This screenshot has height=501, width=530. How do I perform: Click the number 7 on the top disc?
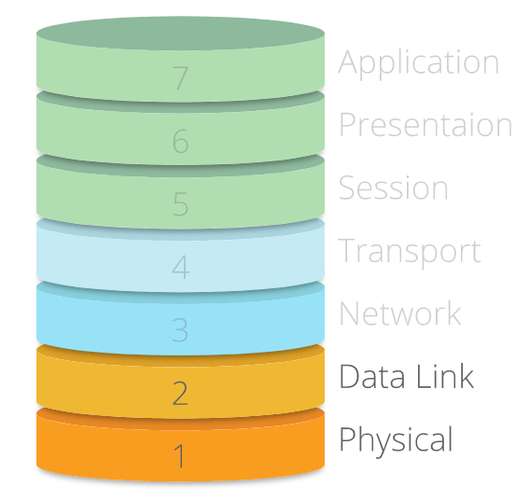180,78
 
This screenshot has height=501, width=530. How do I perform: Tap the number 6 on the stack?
180,141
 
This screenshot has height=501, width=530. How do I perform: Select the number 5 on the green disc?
180,203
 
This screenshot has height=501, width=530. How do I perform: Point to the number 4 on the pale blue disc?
180,267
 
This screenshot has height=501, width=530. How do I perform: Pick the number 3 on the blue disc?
180,329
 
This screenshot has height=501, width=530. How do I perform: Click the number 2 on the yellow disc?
180,393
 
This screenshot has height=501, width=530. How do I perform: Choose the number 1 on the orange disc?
179,455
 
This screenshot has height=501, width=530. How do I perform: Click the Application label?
418,63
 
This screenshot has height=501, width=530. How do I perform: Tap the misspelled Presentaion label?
425,124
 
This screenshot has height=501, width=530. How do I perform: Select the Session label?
394,187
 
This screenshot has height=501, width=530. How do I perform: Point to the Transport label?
410,252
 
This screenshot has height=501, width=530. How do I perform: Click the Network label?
400,313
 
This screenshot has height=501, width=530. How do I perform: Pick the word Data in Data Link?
371,376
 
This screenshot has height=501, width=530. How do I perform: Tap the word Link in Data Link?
445,376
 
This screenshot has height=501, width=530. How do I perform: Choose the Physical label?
396,441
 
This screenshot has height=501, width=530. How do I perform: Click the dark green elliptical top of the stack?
180,34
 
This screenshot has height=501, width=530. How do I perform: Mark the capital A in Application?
348,62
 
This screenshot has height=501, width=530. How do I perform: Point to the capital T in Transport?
347,250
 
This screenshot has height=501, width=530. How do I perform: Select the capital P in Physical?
347,438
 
